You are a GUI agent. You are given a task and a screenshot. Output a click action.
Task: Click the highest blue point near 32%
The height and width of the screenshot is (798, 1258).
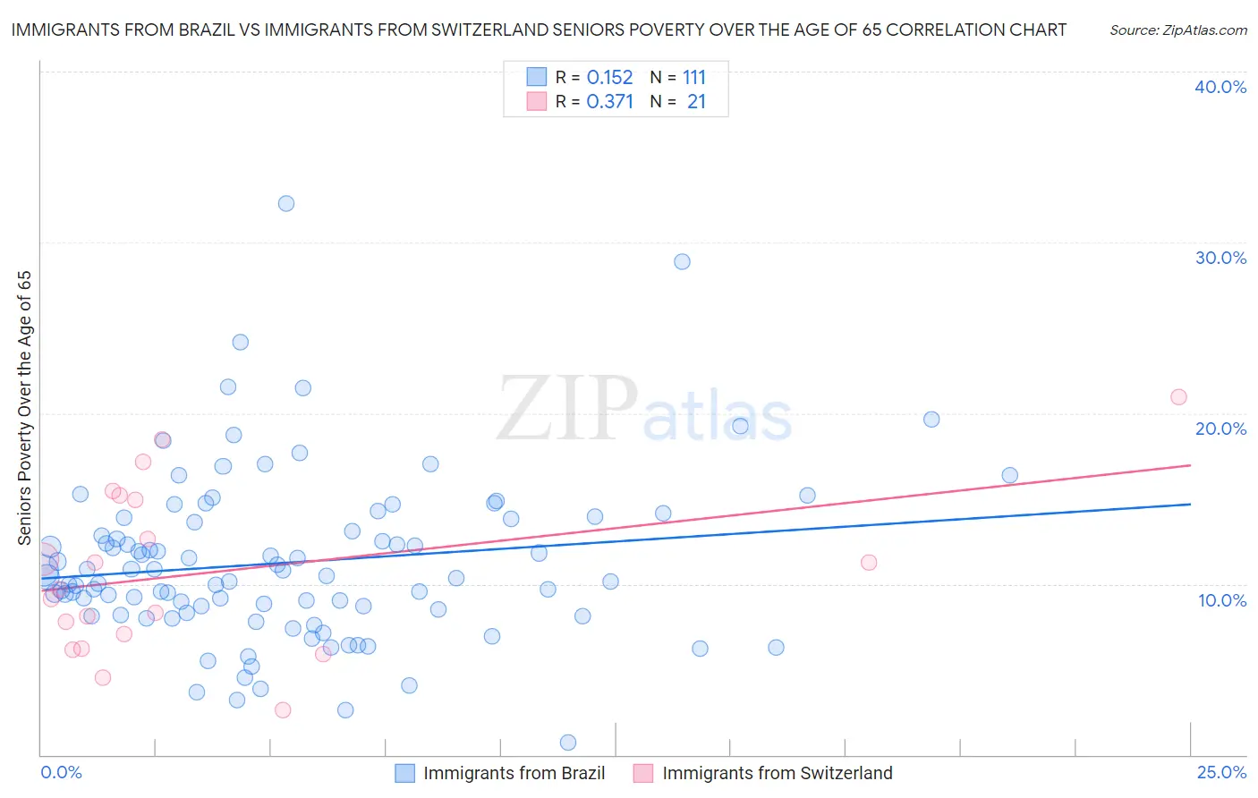click(x=286, y=203)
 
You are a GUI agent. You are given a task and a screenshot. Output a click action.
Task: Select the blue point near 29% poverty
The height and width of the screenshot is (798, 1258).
click(x=682, y=261)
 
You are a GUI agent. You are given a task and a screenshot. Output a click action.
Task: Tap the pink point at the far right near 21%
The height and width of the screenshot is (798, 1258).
click(x=1178, y=397)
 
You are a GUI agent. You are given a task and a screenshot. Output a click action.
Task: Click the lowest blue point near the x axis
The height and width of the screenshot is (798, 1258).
click(x=567, y=743)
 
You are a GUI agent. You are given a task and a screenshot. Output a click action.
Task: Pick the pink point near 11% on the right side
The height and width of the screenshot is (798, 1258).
click(x=869, y=563)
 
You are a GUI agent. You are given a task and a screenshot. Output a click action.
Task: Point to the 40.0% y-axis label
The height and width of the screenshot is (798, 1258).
click(x=1220, y=87)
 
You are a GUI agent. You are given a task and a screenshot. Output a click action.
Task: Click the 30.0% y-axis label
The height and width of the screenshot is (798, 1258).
click(x=1220, y=258)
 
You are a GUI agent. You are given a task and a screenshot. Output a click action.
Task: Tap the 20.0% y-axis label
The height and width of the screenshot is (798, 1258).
click(x=1220, y=429)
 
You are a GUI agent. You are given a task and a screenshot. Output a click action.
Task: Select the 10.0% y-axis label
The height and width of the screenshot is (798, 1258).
click(x=1222, y=600)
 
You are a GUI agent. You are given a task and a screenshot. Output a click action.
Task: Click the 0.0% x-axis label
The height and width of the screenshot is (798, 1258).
click(x=62, y=772)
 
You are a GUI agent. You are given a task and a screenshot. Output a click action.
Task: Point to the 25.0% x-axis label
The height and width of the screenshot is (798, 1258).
click(x=1221, y=772)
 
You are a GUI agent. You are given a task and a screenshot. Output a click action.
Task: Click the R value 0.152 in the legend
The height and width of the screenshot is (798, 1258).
click(x=609, y=78)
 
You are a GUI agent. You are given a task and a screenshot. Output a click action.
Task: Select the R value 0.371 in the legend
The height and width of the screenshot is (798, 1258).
click(x=609, y=102)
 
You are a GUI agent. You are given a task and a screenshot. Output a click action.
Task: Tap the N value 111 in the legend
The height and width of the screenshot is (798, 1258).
click(x=694, y=78)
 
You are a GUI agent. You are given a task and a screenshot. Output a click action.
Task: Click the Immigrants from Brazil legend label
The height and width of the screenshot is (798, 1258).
click(x=514, y=773)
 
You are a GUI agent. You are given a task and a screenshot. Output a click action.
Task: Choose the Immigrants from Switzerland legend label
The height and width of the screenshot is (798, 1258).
click(x=777, y=773)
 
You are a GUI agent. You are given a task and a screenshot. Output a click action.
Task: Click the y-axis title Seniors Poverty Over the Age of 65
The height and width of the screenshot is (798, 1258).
click(x=24, y=408)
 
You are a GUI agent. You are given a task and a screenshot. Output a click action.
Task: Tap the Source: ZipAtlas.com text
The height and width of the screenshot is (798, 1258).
click(x=1177, y=30)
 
